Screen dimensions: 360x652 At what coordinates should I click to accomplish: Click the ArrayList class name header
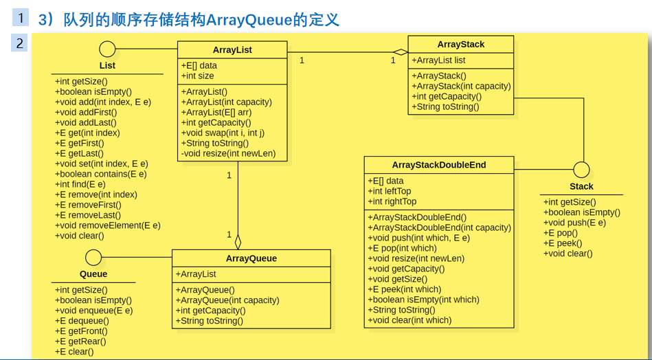pyautogui.click(x=232, y=49)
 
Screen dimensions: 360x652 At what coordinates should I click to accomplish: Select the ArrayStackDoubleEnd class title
pyautogui.click(x=438, y=165)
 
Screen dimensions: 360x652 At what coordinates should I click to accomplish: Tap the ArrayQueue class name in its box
pyautogui.click(x=251, y=258)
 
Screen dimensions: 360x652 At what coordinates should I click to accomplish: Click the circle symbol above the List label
pyautogui.click(x=107, y=49)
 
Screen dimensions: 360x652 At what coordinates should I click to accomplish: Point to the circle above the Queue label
pyautogui.click(x=93, y=258)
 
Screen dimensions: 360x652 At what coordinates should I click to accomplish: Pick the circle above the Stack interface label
pyautogui.click(x=581, y=170)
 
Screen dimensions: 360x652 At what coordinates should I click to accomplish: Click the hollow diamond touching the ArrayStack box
pyautogui.click(x=401, y=52)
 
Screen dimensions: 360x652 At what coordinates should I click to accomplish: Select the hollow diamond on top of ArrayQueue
pyautogui.click(x=238, y=242)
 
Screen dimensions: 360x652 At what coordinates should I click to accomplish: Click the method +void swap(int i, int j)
pyautogui.click(x=223, y=133)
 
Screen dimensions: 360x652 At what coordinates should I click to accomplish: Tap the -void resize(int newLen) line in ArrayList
pyautogui.click(x=228, y=153)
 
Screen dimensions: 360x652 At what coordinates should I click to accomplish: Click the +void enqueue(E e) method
pyautogui.click(x=93, y=311)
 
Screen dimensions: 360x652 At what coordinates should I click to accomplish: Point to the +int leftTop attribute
pyautogui.click(x=390, y=191)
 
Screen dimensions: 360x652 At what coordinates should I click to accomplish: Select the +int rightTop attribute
pyautogui.click(x=392, y=201)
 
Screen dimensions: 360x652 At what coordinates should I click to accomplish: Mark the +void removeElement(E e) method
pyautogui.click(x=107, y=225)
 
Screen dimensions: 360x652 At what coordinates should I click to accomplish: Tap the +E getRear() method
pyautogui.click(x=80, y=341)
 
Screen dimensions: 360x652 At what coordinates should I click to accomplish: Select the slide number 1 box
pyautogui.click(x=21, y=19)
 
